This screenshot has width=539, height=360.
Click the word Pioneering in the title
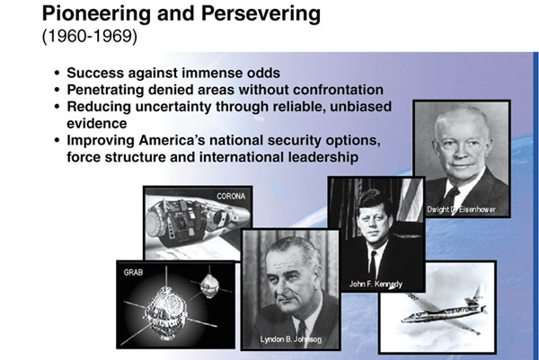(97, 14)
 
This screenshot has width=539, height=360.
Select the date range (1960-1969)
(89, 36)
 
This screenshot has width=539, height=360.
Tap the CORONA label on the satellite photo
(231, 196)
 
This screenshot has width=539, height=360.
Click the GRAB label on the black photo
(133, 272)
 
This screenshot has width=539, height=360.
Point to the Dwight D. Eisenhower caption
(461, 209)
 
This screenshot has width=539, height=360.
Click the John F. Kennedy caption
(376, 284)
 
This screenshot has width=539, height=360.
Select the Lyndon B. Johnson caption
(291, 339)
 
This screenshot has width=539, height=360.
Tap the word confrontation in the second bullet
(338, 90)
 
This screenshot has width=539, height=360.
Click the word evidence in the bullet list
(97, 123)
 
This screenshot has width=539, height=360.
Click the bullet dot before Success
(57, 74)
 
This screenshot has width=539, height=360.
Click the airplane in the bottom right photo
(444, 311)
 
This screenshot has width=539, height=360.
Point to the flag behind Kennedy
(411, 199)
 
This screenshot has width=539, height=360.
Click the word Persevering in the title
(261, 14)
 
